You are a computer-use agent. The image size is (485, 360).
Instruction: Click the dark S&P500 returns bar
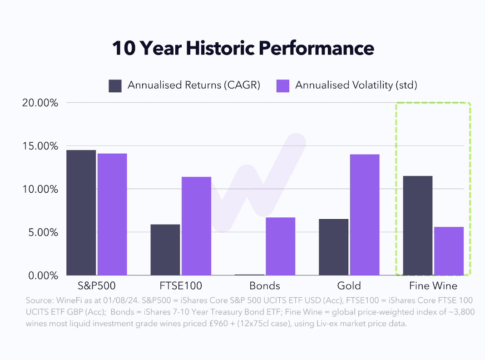(x=81, y=213)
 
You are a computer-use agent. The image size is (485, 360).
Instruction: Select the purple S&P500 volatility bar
(x=112, y=215)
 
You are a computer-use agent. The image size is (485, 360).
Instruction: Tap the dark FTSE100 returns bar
(x=165, y=250)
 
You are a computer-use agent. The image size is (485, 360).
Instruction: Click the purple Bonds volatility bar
(x=280, y=246)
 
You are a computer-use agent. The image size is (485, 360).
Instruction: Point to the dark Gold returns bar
(x=333, y=247)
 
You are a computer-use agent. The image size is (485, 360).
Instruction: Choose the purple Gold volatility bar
(x=364, y=215)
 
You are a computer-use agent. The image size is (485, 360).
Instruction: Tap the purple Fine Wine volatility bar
(x=449, y=251)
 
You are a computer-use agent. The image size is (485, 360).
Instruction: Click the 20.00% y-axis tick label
(x=40, y=103)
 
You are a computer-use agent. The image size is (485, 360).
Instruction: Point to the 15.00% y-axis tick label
(x=40, y=146)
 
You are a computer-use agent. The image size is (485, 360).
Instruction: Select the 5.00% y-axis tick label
(x=43, y=232)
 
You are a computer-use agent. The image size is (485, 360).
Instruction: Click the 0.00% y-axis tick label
(x=43, y=275)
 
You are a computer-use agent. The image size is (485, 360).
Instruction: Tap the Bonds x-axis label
(x=265, y=286)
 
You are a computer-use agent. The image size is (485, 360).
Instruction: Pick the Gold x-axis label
(x=349, y=286)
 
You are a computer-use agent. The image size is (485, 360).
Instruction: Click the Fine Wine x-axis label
(x=433, y=286)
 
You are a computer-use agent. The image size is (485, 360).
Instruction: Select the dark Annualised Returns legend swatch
(x=115, y=85)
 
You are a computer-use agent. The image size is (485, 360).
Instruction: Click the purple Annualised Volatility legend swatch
(x=283, y=85)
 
